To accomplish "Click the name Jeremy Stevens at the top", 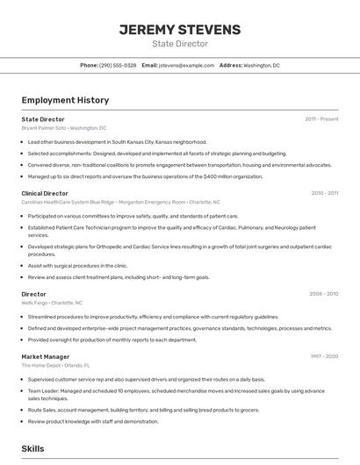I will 179,30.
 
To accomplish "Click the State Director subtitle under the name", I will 179,44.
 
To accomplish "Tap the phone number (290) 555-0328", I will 118,66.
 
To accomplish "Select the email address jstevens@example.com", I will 186,66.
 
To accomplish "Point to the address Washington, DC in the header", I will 262,66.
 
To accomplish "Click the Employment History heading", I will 65,100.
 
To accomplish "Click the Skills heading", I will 33,448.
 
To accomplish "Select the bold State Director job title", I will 43,118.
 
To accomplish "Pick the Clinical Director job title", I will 45,193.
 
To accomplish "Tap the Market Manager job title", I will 46,356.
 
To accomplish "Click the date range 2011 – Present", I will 321,118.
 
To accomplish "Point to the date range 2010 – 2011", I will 324,193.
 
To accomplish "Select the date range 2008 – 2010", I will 324,294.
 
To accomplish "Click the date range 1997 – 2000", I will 324,356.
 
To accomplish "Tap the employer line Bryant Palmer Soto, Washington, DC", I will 64,128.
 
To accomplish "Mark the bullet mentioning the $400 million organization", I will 145,175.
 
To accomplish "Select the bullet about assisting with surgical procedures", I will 77,265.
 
